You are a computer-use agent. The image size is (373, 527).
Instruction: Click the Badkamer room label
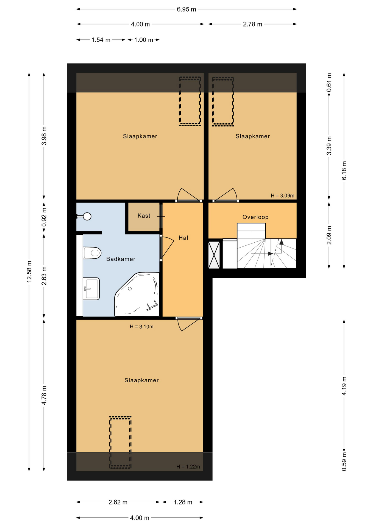tap(121, 259)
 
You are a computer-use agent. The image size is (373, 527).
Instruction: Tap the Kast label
tap(144, 216)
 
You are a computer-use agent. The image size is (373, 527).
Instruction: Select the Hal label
tap(183, 238)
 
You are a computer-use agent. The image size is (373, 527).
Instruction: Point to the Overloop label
tap(255, 217)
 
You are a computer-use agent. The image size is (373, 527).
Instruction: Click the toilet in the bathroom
tap(92, 253)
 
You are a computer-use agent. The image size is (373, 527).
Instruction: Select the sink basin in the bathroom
tap(91, 289)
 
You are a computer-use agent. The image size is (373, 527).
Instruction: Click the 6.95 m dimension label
tap(187, 9)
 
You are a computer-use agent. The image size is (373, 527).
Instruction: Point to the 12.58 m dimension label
tap(29, 272)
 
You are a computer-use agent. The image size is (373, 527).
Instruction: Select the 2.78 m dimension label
tap(252, 24)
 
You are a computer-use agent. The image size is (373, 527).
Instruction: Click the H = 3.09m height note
tap(282, 196)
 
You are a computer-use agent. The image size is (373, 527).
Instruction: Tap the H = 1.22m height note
tap(188, 467)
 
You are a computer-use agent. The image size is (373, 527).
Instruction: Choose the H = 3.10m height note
tap(141, 327)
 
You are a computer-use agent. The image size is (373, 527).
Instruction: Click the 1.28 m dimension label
tap(183, 502)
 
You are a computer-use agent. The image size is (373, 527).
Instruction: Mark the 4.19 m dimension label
tap(344, 386)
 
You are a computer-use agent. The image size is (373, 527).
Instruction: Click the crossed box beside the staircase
tap(214, 255)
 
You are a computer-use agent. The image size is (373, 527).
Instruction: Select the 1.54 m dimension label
tap(101, 40)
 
